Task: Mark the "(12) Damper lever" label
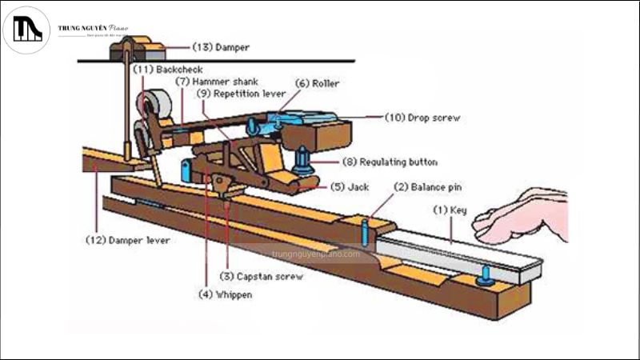tap(128, 239)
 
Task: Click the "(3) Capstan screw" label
tap(262, 276)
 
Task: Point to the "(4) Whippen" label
tap(226, 294)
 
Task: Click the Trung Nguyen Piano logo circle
tap(26, 30)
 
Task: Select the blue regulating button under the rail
tap(305, 162)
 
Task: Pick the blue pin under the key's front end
tap(486, 276)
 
